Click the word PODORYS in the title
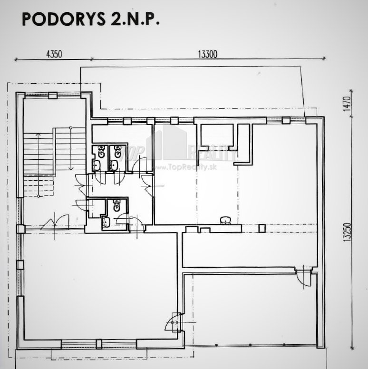[x=64, y=19]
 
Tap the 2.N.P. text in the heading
[x=136, y=19]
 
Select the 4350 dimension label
[x=54, y=54]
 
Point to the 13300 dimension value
[x=208, y=54]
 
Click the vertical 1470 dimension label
[x=347, y=104]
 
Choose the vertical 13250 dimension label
[x=347, y=232]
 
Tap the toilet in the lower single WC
[x=116, y=205]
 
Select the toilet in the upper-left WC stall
[x=101, y=152]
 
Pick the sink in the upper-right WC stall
[x=114, y=165]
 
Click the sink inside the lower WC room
[x=107, y=222]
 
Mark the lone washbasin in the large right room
[x=226, y=220]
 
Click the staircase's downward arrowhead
[x=70, y=168]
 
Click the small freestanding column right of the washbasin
[x=262, y=228]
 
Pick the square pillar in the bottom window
[x=99, y=344]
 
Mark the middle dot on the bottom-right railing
[x=250, y=345]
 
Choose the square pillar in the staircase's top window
[x=53, y=96]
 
